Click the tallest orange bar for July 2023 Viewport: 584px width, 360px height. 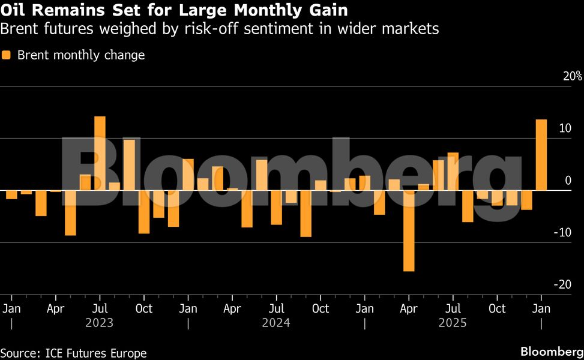(100, 153)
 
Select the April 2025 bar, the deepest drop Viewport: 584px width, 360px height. (409, 231)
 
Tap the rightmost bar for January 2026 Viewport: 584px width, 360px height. (541, 155)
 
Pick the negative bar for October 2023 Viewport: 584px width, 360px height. (144, 212)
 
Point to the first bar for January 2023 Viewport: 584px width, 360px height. (11, 194)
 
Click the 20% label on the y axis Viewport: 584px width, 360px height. (572, 76)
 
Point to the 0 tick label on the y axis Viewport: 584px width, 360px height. (568, 181)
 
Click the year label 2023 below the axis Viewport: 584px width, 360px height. (99, 323)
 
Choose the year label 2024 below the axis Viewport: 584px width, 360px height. (276, 323)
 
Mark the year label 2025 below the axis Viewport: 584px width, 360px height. (453, 323)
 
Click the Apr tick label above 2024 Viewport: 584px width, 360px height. (232, 308)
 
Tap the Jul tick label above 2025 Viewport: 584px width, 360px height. (453, 308)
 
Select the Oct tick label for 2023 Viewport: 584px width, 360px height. (144, 308)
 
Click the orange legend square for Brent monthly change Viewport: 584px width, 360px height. (7, 55)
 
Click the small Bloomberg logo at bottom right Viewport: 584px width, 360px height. (552, 352)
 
